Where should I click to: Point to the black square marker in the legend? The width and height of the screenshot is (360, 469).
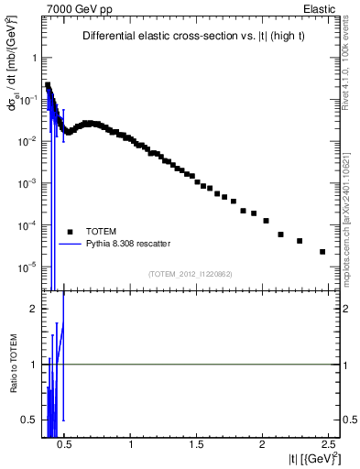coord(70,231)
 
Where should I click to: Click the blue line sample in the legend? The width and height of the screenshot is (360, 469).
coord(70,244)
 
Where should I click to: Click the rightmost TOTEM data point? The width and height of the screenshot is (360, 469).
coord(322,252)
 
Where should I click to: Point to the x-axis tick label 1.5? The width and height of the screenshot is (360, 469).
coord(197,444)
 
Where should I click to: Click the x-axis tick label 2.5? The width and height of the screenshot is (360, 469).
coord(326,444)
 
